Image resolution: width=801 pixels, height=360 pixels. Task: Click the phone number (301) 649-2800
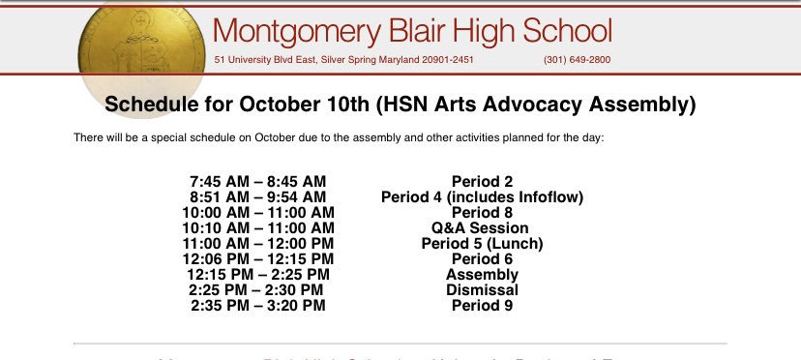[x=578, y=60]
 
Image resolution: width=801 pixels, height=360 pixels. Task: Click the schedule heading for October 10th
[x=400, y=105]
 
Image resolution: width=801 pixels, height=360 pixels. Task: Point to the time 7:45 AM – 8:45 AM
[x=258, y=181]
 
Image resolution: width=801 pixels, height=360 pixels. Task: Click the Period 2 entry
[x=482, y=181]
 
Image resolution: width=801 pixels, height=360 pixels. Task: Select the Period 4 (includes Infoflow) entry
[x=482, y=196]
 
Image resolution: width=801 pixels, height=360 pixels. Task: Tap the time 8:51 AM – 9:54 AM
[x=258, y=196]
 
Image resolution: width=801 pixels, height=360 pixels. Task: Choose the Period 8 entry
[x=482, y=212]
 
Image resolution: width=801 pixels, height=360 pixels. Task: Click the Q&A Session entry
[x=482, y=227]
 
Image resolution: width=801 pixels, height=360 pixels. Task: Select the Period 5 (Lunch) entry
[x=482, y=243]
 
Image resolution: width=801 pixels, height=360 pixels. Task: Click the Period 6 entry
[x=482, y=258]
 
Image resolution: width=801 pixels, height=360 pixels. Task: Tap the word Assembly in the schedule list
[x=482, y=275]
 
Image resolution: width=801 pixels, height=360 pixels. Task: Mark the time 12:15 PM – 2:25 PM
[x=258, y=275]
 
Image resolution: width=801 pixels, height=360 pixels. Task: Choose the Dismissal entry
[x=482, y=290]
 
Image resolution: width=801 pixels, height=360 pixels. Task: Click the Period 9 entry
[x=482, y=306]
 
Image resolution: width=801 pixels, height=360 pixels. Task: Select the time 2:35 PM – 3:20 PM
[x=258, y=306]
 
